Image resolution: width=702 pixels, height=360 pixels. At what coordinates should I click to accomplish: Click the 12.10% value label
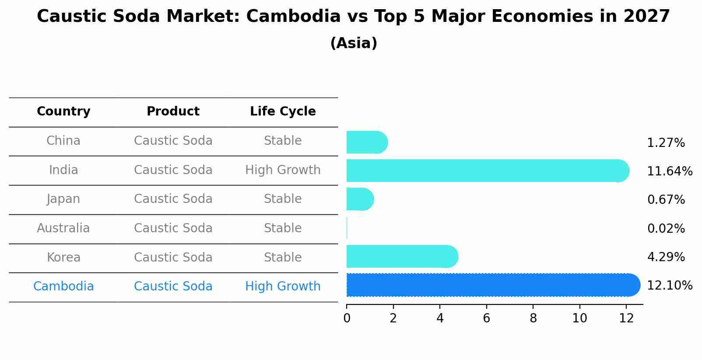pyautogui.click(x=669, y=286)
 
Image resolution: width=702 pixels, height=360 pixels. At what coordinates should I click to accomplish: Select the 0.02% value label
pyautogui.click(x=666, y=228)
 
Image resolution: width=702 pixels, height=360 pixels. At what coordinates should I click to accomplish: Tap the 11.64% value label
pyautogui.click(x=669, y=171)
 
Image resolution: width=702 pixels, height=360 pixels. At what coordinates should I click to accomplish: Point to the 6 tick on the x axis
pyautogui.click(x=486, y=318)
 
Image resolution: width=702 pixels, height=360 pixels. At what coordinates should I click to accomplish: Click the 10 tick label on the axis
pyautogui.click(x=579, y=318)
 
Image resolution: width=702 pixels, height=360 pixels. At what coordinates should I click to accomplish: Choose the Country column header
pyautogui.click(x=63, y=112)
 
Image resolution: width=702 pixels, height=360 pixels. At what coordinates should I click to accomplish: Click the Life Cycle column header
pyautogui.click(x=283, y=112)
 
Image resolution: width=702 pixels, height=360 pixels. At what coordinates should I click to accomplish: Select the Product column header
pyautogui.click(x=173, y=112)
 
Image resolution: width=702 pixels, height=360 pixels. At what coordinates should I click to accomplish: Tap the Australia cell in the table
pyautogui.click(x=63, y=228)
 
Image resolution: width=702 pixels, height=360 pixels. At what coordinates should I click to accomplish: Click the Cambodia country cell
pyautogui.click(x=63, y=287)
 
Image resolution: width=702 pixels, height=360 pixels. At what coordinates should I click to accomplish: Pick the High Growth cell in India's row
pyautogui.click(x=283, y=170)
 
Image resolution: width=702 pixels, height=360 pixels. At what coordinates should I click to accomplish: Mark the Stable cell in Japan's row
pyautogui.click(x=283, y=199)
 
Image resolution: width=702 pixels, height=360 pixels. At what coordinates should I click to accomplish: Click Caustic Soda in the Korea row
pyautogui.click(x=173, y=258)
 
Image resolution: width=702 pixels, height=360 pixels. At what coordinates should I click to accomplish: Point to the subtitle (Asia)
pyautogui.click(x=354, y=43)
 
